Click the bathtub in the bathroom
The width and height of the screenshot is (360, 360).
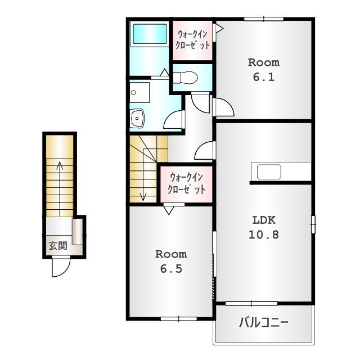150,34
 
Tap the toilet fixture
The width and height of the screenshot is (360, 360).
185,78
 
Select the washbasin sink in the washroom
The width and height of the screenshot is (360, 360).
137,118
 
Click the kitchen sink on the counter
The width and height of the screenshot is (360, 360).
269,172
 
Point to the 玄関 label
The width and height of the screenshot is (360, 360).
57,246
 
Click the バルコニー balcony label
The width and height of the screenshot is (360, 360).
264,322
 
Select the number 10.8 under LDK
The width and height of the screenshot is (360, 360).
264,235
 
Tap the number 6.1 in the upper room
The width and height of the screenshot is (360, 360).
264,77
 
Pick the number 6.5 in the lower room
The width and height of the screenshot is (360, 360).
171,269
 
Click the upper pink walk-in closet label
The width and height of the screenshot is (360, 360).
192,40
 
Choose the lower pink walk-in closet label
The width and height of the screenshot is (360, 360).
186,184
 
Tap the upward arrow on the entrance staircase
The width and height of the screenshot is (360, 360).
60,189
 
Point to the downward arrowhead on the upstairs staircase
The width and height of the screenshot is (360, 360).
143,197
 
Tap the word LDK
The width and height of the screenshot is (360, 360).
264,220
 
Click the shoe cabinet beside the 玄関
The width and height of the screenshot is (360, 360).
78,231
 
